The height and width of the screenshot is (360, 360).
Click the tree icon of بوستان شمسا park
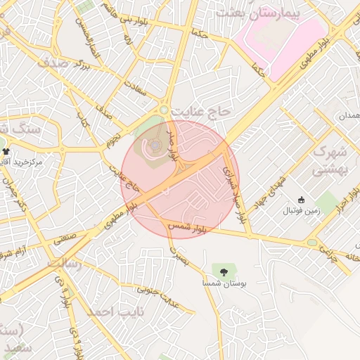(x=224, y=271)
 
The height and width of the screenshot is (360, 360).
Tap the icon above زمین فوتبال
(x=301, y=200)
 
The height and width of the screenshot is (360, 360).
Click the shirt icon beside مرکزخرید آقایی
(x=6, y=151)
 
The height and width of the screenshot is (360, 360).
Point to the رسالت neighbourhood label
(x=65, y=263)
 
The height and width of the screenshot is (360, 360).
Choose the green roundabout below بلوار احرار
(x=311, y=243)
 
